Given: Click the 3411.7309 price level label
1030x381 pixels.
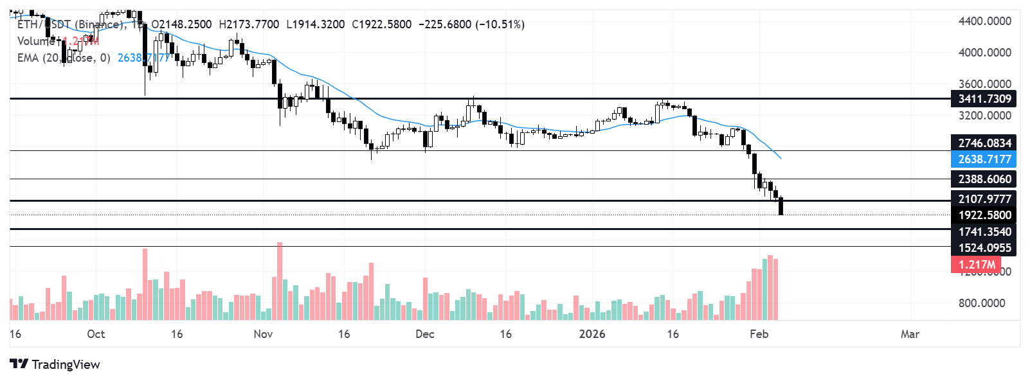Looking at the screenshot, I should pyautogui.click(x=984, y=99).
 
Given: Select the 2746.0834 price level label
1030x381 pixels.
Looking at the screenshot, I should pyautogui.click(x=984, y=143).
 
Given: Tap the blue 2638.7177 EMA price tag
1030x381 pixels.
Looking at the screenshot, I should pyautogui.click(x=984, y=159).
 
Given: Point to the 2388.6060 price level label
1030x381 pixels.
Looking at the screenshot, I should pyautogui.click(x=984, y=179).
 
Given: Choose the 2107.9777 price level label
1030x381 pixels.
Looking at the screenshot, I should pyautogui.click(x=984, y=199).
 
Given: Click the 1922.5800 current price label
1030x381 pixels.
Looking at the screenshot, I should pyautogui.click(x=984, y=215).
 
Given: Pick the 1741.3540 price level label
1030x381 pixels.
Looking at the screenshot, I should pyautogui.click(x=984, y=232).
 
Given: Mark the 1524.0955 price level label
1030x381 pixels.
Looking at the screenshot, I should pyautogui.click(x=984, y=248).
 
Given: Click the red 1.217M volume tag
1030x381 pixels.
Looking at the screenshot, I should pyautogui.click(x=976, y=265).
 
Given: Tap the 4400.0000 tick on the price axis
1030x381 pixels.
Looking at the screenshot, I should pyautogui.click(x=984, y=21).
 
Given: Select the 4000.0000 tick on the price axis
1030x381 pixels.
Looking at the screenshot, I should pyautogui.click(x=984, y=53).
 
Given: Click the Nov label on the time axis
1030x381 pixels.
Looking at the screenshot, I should pyautogui.click(x=263, y=334).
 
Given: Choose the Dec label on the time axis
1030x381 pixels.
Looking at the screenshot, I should pyautogui.click(x=425, y=334).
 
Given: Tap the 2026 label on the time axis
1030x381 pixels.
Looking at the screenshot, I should pyautogui.click(x=592, y=334).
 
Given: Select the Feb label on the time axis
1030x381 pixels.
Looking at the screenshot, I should pyautogui.click(x=759, y=334).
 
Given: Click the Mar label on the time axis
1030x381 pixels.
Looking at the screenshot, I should pyautogui.click(x=910, y=334).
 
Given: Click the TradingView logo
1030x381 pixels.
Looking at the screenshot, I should pyautogui.click(x=55, y=364).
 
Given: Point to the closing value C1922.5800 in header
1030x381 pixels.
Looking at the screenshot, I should pyautogui.click(x=382, y=24).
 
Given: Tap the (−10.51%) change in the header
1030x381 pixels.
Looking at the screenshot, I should pyautogui.click(x=500, y=24).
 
